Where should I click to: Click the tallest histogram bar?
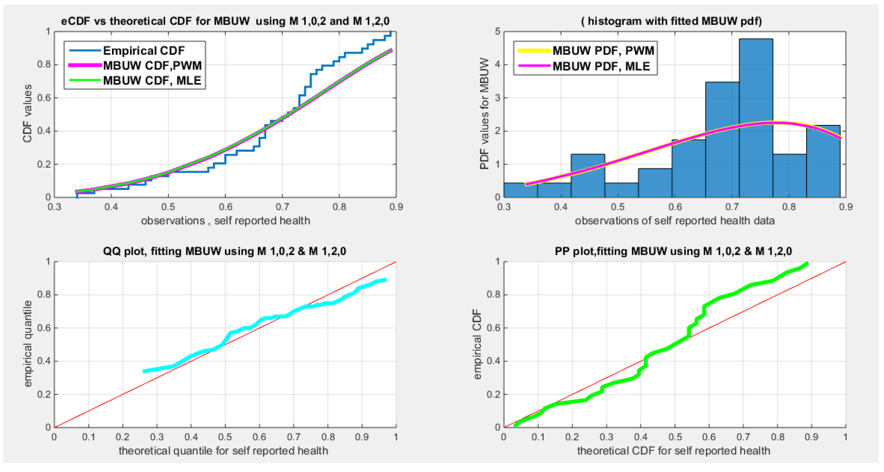[756, 118]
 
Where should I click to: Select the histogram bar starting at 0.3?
[520, 190]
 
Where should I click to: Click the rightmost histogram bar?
[823, 161]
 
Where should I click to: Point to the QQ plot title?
[224, 251]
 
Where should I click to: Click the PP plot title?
[673, 251]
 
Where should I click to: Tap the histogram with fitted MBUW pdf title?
[671, 21]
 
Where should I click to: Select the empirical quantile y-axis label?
[28, 344]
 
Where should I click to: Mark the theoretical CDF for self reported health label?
[673, 450]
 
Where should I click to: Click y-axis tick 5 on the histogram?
[497, 32]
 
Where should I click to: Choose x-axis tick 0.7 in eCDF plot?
[282, 207]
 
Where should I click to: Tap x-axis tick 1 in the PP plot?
[845, 437]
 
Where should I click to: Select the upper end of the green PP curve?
[807, 264]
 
